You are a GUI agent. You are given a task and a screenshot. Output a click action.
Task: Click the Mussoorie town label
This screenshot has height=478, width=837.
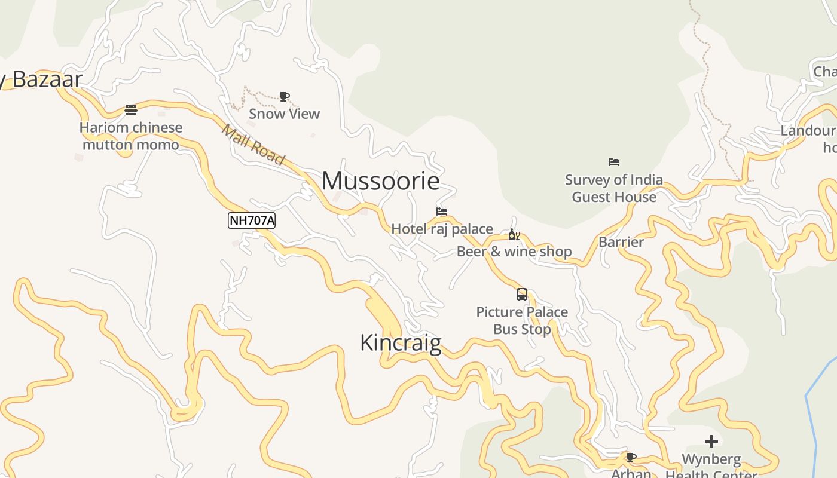click(381, 181)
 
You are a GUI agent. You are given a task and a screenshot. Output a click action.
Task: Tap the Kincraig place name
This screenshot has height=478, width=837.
click(401, 343)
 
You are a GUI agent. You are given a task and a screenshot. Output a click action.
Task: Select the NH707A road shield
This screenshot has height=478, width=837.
click(252, 220)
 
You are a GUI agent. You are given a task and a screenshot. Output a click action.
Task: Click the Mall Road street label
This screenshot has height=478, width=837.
click(253, 143)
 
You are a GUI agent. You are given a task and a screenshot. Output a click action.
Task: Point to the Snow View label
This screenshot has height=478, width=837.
click(284, 114)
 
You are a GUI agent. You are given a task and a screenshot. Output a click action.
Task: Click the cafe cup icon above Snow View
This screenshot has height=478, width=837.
click(285, 96)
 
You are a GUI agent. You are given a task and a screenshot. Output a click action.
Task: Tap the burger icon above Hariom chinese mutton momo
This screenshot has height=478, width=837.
click(131, 110)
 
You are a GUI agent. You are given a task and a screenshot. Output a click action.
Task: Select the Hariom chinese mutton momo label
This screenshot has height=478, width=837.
click(131, 136)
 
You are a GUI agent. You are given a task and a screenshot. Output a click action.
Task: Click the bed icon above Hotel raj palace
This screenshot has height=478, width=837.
click(442, 212)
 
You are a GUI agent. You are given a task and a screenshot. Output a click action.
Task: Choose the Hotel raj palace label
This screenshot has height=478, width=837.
click(442, 229)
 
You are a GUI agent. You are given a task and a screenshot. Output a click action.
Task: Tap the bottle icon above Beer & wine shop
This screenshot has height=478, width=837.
click(514, 234)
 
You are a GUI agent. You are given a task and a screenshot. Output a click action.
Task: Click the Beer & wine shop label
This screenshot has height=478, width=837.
click(514, 252)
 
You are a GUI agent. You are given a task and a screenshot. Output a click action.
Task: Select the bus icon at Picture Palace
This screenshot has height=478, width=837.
click(522, 295)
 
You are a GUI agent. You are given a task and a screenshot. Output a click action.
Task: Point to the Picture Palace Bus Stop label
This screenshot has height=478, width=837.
click(522, 320)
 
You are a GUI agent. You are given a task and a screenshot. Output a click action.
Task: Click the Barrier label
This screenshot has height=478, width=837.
click(621, 242)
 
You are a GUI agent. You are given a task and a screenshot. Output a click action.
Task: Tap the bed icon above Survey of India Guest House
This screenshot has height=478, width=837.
click(614, 162)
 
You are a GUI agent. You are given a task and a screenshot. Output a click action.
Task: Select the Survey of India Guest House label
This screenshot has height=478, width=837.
click(614, 188)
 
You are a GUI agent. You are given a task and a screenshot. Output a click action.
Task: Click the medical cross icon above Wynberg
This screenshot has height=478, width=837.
click(711, 442)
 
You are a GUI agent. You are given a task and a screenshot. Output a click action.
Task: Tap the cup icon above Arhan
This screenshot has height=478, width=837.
click(631, 457)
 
